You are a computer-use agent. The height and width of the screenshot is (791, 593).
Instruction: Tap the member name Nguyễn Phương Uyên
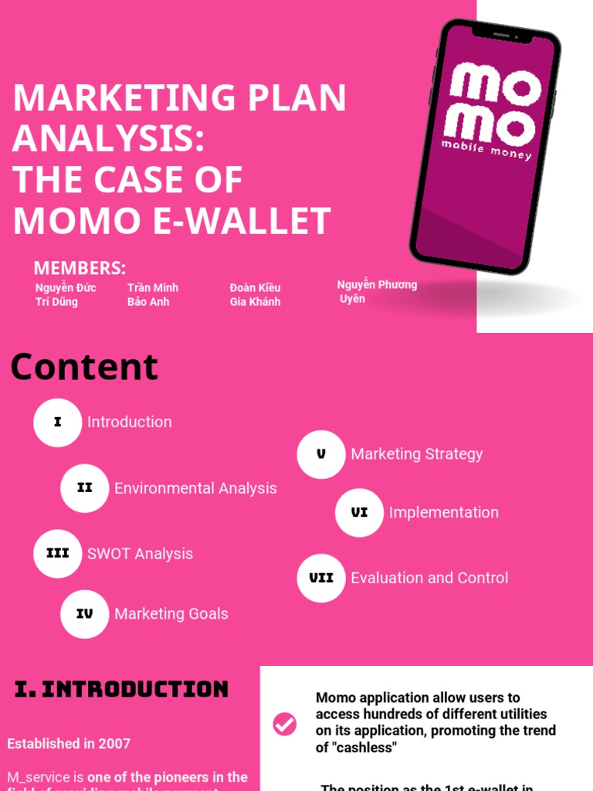377,291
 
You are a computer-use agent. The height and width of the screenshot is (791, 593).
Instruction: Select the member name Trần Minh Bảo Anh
153,294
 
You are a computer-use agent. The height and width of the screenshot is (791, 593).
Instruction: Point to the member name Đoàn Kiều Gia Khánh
255,294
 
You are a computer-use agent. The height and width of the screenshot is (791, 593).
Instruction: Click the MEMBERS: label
80,268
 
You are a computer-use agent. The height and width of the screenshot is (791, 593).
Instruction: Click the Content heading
84,367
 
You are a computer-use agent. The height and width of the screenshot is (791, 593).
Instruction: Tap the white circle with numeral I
57,423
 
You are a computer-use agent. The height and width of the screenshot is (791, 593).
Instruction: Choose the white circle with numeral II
85,488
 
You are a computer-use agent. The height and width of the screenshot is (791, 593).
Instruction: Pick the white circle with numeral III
57,554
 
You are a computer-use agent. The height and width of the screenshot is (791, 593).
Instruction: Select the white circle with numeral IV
85,614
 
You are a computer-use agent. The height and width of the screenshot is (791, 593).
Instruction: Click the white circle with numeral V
321,454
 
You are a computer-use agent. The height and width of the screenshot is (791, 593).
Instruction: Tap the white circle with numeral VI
359,512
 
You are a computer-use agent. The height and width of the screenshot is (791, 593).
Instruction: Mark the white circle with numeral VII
321,578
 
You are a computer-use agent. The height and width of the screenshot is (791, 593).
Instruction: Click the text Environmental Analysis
195,488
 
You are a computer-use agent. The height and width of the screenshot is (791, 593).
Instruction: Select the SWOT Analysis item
140,554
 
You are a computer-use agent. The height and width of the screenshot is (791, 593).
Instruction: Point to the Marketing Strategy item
417,454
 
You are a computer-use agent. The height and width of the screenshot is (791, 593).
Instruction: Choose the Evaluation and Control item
429,578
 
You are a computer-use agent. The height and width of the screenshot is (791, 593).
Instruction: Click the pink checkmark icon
285,724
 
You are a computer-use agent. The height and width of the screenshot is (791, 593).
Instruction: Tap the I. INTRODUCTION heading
122,689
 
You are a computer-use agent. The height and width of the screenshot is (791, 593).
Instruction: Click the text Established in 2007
69,744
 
